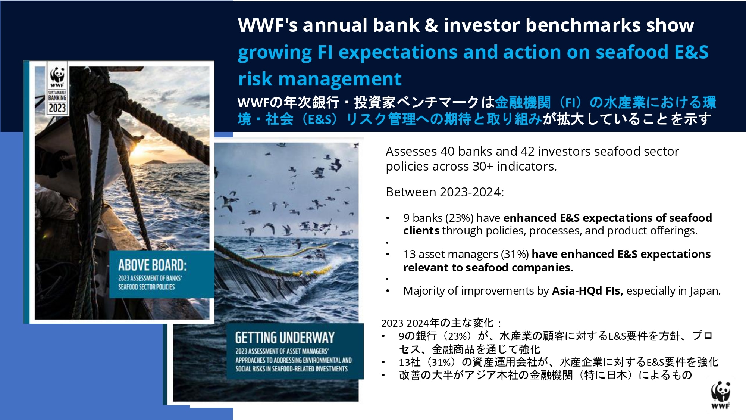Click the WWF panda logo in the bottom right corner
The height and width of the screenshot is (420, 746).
coord(720,395)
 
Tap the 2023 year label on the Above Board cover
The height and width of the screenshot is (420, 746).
coord(57,108)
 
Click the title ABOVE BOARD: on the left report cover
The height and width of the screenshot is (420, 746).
coord(153,265)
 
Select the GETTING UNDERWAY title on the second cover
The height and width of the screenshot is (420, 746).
coord(285,337)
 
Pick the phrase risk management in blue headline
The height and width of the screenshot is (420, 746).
coord(320,79)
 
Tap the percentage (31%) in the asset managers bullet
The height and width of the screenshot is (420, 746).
coord(515,254)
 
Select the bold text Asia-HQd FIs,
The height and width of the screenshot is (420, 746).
coord(587,291)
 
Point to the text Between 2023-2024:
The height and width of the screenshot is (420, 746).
coord(445,192)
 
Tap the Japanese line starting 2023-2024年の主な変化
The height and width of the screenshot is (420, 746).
coord(441,323)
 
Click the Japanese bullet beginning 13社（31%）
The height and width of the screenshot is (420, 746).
coord(558,362)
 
